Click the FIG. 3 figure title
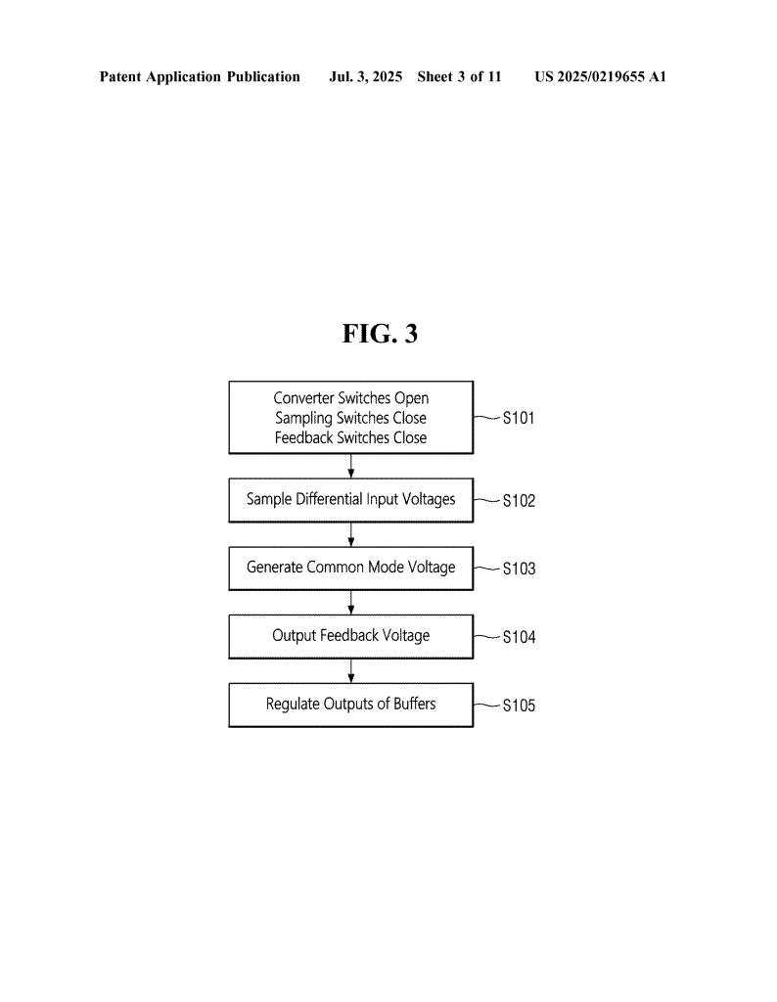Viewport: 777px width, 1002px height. tap(380, 334)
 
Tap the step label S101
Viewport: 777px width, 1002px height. tap(519, 418)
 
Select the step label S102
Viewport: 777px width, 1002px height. tap(519, 500)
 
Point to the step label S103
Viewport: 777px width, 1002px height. tap(519, 569)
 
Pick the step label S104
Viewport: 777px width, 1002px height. tap(519, 637)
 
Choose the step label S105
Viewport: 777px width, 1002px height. tap(519, 706)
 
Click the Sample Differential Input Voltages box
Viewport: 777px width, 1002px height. tap(350, 500)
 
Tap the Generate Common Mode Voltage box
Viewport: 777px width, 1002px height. tap(350, 569)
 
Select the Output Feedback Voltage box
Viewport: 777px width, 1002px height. tap(350, 636)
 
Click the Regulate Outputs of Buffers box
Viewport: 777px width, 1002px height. tap(350, 705)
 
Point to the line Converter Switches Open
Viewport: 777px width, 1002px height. tap(350, 398)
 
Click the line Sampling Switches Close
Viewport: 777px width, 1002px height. tap(350, 418)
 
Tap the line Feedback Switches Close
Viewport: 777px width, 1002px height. tap(350, 437)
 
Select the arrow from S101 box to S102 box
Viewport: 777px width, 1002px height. tap(350, 466)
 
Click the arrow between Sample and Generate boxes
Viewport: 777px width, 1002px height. tap(350, 534)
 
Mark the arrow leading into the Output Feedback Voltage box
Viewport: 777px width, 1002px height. tap(350, 603)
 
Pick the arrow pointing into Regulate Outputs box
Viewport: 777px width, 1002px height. tap(350, 671)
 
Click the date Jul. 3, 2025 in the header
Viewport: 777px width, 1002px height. tap(365, 77)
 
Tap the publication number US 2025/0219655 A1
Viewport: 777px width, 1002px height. tap(600, 76)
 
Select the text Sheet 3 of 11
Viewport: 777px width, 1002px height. tap(459, 76)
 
